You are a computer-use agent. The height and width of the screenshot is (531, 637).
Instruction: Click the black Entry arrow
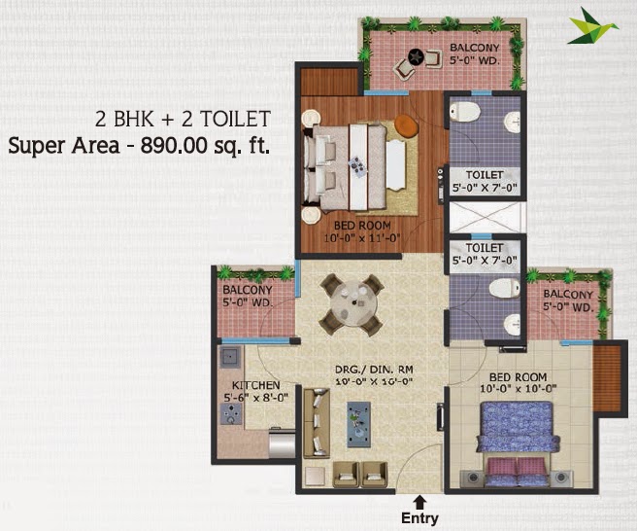(x=420, y=502)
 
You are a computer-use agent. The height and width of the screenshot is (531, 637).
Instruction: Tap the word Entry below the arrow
(x=419, y=518)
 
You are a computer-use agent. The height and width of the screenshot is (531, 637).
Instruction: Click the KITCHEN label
(x=256, y=385)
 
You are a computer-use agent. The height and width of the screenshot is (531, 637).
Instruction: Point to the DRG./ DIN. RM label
(x=374, y=370)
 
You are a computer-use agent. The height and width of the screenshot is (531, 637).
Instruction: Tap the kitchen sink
(x=230, y=357)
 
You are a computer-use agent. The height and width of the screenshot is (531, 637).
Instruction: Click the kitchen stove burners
(x=231, y=414)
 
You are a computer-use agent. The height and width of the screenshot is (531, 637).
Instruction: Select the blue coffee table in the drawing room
(x=358, y=424)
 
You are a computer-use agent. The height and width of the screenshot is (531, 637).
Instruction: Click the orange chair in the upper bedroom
(x=406, y=125)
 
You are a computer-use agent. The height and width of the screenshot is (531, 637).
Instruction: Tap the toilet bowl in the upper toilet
(x=465, y=111)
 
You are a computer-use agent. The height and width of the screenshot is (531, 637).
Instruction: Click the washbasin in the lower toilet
(x=513, y=325)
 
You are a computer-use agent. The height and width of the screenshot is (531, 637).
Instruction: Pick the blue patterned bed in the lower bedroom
(x=517, y=443)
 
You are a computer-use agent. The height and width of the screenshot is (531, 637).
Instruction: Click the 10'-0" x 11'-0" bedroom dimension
(x=362, y=237)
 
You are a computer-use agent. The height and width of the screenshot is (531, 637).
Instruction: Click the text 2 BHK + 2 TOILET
(x=183, y=119)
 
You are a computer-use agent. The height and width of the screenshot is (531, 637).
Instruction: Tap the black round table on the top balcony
(x=416, y=56)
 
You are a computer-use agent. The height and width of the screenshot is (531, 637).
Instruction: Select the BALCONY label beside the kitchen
(x=248, y=290)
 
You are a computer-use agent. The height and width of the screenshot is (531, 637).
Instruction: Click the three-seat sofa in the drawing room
(x=317, y=423)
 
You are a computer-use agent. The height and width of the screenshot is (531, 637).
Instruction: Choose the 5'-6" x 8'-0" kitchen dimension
(x=256, y=398)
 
